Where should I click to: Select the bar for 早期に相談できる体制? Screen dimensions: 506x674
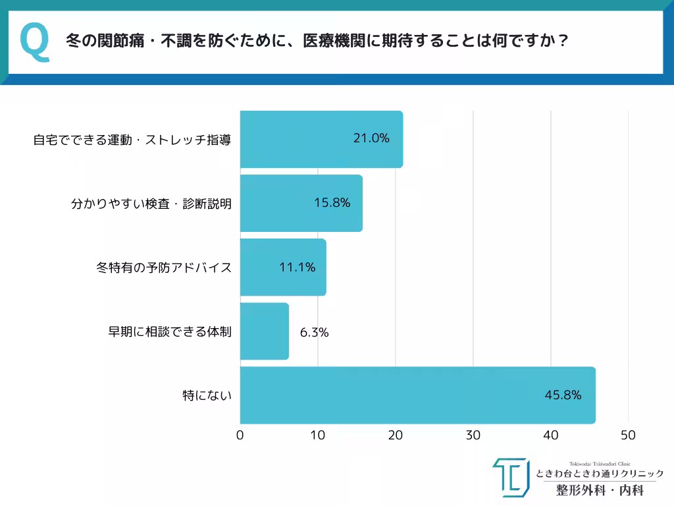264,331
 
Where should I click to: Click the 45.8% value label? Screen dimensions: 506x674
562,395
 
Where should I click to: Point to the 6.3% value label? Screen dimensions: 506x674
314,333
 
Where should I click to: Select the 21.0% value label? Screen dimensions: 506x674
371,138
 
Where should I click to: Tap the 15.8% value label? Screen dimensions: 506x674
332,203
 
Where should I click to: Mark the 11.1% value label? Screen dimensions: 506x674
297,267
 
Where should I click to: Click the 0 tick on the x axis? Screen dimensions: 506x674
240,436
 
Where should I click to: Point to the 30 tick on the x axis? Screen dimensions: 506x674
473,436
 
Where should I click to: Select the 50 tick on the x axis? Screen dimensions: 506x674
629,436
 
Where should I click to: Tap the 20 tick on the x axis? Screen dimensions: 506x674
396,436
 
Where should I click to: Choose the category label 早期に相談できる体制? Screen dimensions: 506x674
169,331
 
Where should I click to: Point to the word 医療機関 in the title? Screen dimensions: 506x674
326,42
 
